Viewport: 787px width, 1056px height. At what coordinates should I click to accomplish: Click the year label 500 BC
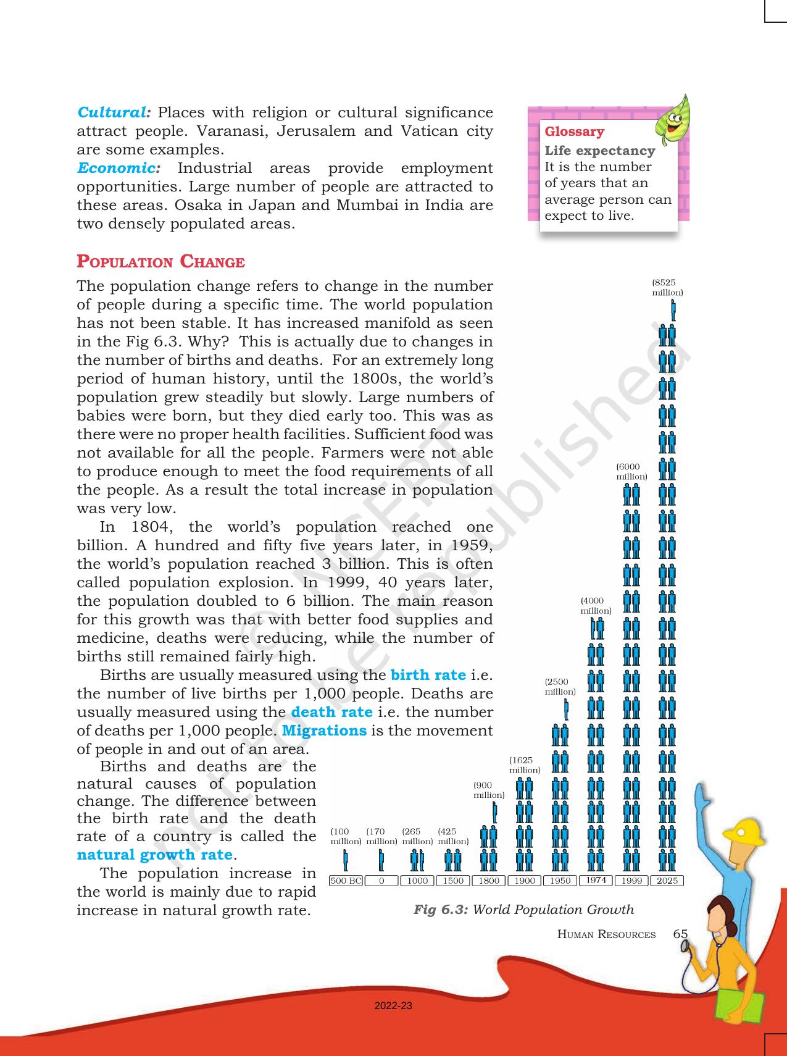pos(346,881)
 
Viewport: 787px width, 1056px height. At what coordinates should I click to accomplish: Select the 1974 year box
pos(596,880)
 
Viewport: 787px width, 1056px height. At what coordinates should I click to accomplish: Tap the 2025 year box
pos(667,881)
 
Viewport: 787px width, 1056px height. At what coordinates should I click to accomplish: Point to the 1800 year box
pos(488,881)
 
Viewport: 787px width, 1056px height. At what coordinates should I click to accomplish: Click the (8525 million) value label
pos(667,288)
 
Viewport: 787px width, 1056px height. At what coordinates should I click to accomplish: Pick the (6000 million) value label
pos(631,472)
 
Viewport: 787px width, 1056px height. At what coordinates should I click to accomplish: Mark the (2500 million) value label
pos(560,687)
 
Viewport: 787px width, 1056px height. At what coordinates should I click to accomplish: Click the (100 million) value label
pos(346,836)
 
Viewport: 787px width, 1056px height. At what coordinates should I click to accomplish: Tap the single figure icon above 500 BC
pos(346,859)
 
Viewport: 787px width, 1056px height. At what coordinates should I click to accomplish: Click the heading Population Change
pos(160,262)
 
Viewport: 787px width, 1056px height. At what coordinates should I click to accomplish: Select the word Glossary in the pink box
pos(574,132)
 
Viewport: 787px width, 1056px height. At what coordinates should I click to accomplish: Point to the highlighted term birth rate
pos(428,674)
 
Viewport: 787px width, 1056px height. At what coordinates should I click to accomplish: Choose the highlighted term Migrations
pos(325,731)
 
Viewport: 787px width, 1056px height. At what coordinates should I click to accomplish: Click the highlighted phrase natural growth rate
pos(154,855)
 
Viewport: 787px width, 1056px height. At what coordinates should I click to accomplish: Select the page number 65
pos(680,934)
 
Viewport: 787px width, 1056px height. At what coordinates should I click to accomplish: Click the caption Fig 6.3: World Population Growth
pos(523,909)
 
